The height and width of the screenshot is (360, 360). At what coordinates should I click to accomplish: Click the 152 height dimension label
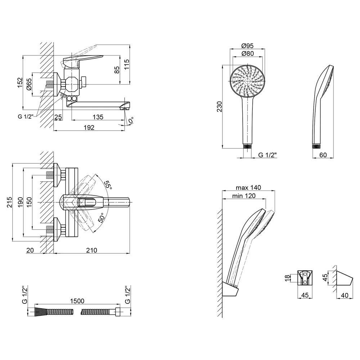[x=21, y=82]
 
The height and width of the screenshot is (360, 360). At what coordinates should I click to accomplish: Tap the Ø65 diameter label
[x=29, y=84]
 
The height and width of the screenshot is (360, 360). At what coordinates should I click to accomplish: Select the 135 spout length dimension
[x=98, y=117]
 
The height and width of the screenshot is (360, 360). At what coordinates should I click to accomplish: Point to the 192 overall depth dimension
[x=89, y=127]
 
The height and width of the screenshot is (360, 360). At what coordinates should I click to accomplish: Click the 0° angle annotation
[x=131, y=120]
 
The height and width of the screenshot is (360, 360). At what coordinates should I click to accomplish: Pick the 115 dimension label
[x=126, y=64]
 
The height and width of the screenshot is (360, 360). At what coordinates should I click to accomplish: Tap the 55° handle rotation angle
[x=108, y=185]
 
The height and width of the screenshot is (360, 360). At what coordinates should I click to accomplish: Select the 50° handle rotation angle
[x=101, y=217]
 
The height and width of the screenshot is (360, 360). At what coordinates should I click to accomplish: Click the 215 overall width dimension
[x=9, y=202]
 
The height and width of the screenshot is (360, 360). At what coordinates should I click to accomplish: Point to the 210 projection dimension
[x=91, y=250]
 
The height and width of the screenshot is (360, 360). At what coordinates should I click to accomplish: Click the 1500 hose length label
[x=77, y=301]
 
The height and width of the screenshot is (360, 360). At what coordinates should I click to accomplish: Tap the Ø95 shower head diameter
[x=248, y=46]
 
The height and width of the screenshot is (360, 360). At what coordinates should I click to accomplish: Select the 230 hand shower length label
[x=220, y=107]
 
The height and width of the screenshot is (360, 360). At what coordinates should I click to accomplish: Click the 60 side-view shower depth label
[x=323, y=155]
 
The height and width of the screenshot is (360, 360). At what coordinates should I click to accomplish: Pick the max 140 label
[x=248, y=188]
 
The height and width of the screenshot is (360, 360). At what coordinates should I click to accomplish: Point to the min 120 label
[x=244, y=196]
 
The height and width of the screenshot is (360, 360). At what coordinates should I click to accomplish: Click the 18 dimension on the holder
[x=287, y=278]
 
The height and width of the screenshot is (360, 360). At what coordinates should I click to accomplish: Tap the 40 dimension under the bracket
[x=345, y=295]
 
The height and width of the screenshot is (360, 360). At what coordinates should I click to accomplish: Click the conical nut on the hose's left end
[x=41, y=312]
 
